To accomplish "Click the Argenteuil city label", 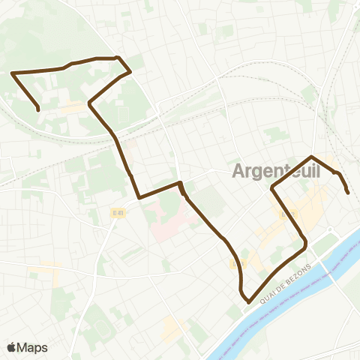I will pos(276,170).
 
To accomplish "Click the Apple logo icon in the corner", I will pos(11,347).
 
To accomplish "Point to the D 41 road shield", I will pos(117,213).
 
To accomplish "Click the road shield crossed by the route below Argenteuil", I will pos(283,214).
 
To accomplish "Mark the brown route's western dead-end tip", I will pos(38,110).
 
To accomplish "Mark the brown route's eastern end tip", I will pos(348,193).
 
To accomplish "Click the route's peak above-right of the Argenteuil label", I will pos(310,157).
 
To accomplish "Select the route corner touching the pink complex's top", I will pos(180,183).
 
